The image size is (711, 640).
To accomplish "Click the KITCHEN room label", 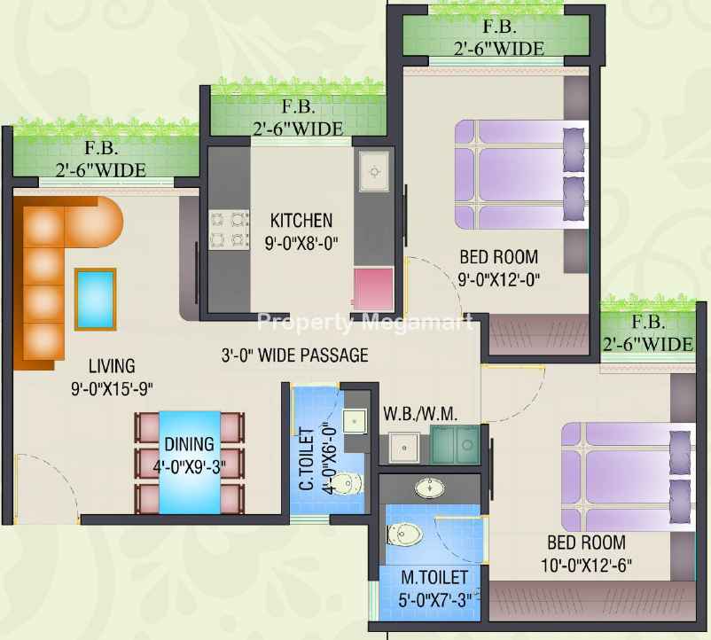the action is click(301, 221).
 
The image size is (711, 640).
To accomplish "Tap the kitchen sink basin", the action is click(374, 172).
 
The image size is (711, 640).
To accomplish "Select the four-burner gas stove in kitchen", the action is click(229, 230).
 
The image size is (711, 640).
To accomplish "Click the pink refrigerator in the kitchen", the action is click(373, 289).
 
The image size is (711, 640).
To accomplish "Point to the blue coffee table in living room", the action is click(95, 299).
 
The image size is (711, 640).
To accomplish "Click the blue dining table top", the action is click(190, 463).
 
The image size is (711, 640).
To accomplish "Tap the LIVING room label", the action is click(112, 366).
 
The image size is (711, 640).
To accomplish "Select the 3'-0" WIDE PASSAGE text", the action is click(294, 355).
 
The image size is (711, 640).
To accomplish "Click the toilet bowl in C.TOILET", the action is click(349, 483).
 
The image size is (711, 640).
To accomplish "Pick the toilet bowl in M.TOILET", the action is click(405, 535).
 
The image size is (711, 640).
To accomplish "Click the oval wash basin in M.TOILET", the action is click(429, 488).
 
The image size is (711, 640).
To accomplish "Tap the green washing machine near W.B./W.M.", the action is click(455, 444).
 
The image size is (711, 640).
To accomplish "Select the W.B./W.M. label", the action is click(420, 414).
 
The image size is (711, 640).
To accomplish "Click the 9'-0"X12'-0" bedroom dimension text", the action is click(499, 279).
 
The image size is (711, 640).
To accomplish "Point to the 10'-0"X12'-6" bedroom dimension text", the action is click(586, 566).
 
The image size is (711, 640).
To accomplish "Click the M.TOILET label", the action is click(434, 577).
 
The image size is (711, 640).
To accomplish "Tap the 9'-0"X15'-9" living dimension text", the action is click(112, 388).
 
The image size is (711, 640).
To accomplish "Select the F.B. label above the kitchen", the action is click(298, 106).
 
